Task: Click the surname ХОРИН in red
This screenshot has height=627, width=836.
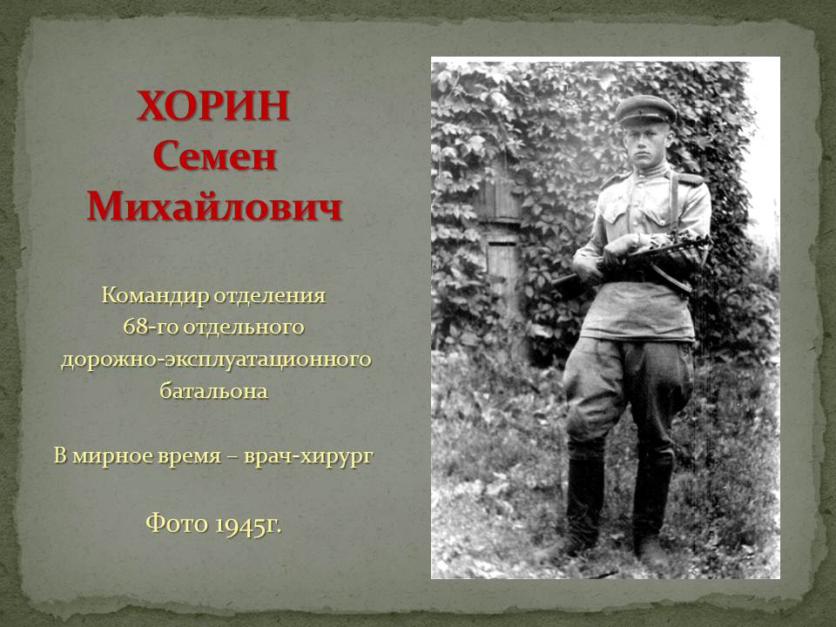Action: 213,105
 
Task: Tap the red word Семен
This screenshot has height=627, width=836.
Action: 214,157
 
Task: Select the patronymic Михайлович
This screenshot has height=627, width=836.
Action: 214,206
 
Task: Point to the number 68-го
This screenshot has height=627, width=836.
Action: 151,327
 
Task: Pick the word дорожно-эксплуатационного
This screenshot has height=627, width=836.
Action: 216,360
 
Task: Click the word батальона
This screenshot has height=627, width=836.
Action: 214,391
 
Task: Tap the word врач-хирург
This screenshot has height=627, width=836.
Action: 308,456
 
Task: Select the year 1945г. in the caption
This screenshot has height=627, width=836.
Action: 247,524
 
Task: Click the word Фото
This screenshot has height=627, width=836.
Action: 177,522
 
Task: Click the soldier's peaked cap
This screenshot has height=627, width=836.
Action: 645,110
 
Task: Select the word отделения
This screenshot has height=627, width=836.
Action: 270,296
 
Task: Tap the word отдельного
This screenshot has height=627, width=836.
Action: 244,327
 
